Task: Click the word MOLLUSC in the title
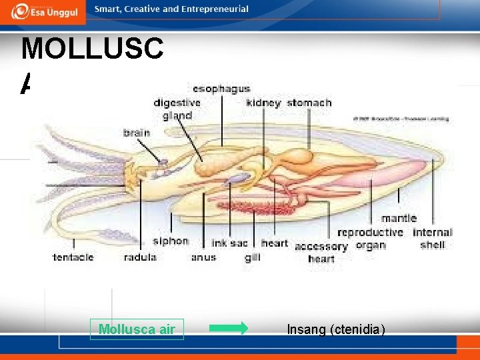(x=92, y=50)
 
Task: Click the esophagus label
(x=221, y=88)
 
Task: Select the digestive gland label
(x=177, y=109)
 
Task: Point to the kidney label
(x=263, y=103)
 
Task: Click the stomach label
(x=309, y=103)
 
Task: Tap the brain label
(x=137, y=133)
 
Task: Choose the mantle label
(x=399, y=218)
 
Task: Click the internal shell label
(x=432, y=238)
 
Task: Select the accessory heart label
(x=321, y=252)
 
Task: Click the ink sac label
(x=229, y=243)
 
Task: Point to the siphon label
(x=170, y=241)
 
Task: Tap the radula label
(x=140, y=257)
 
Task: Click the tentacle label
(x=73, y=257)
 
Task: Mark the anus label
(x=203, y=257)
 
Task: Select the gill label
(x=252, y=257)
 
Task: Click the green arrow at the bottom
(x=228, y=328)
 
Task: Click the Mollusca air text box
(x=137, y=329)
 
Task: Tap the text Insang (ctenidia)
(x=336, y=329)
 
